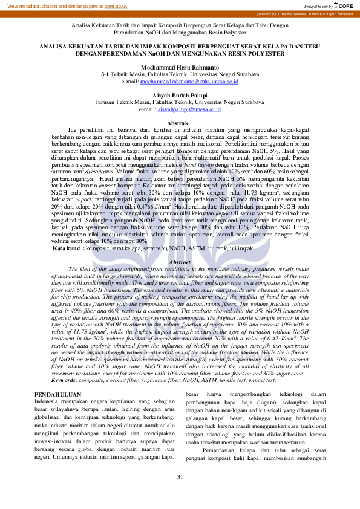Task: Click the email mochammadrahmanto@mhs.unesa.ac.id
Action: click(189, 80)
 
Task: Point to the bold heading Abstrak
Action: click(180, 123)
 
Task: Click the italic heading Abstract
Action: click(180, 262)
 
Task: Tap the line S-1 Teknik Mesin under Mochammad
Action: click(180, 74)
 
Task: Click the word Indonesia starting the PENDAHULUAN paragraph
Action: click(49, 401)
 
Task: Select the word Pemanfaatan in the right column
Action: click(220, 449)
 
